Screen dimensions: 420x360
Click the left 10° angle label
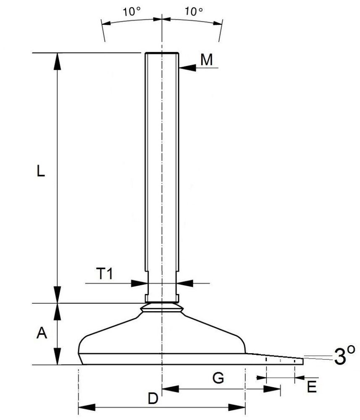132,11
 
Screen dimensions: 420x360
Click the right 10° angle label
194,11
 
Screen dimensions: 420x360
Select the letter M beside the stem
206,60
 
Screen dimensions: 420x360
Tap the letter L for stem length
40,172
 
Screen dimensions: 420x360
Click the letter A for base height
41,333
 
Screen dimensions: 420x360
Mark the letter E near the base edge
311,387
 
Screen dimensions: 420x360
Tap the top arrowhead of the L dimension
57,61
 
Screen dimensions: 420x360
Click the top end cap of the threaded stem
162,53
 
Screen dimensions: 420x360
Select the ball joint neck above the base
162,308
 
